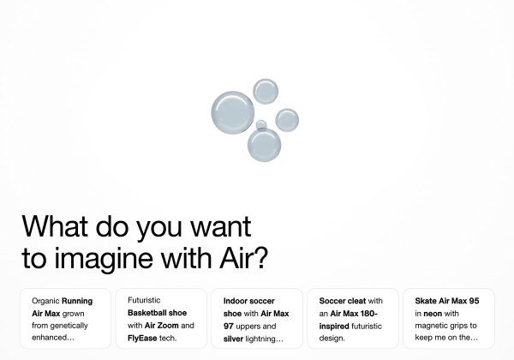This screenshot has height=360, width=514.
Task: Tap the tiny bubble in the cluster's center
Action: point(261,125)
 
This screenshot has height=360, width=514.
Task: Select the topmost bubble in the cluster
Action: point(265,91)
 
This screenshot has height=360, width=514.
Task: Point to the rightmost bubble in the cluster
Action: point(287,120)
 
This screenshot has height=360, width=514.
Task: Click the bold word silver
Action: point(236,339)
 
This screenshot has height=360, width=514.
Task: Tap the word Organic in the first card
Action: point(45,302)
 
